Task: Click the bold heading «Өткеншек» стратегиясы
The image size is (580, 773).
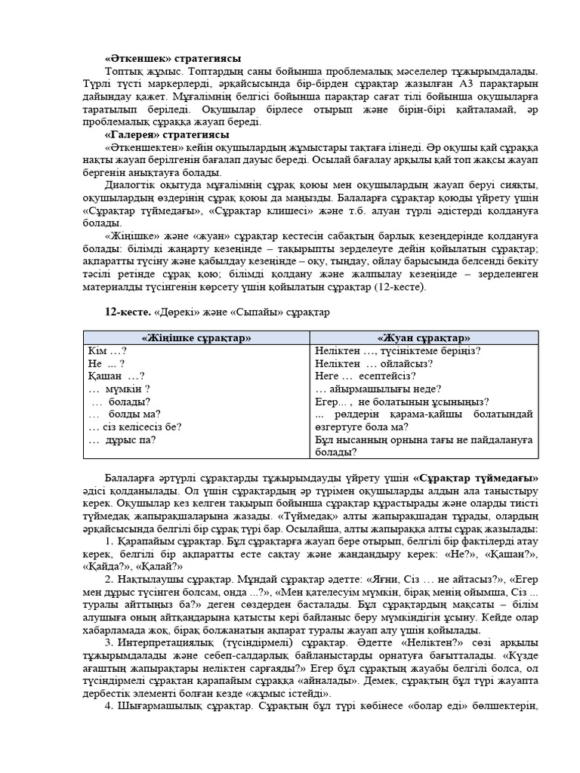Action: point(172,58)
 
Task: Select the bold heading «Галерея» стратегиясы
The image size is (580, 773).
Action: point(166,134)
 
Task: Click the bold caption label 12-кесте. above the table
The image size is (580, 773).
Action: point(126,311)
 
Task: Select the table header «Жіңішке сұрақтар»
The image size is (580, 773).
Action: point(196,338)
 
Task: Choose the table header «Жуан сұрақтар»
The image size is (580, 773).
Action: point(424,338)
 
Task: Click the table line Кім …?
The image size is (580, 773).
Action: point(107,351)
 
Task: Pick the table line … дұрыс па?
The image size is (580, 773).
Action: point(122,440)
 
